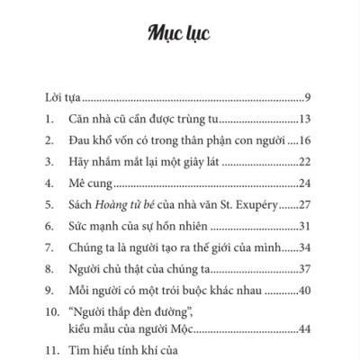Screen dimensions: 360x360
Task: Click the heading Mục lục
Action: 180,35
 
